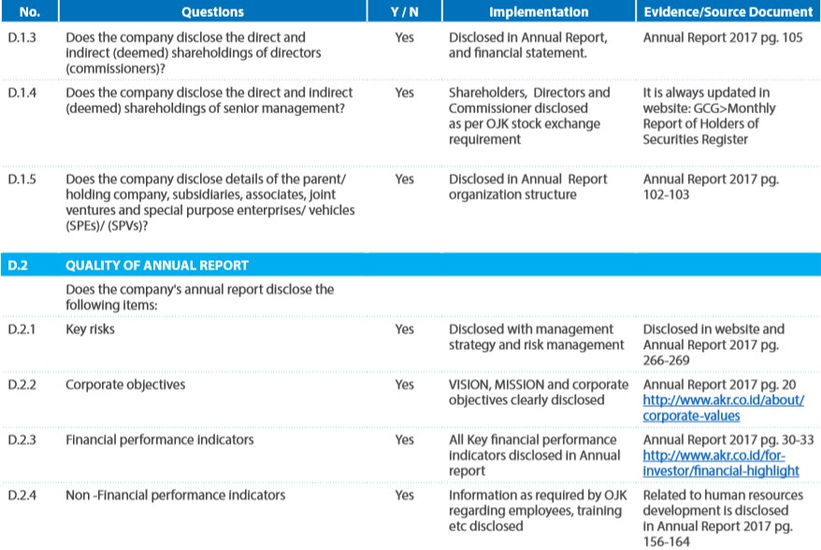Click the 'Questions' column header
pos(212,11)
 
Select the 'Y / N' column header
pos(404,11)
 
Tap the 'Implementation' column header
pos(539,11)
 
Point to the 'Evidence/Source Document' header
pos(727,11)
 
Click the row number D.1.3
pos(22,37)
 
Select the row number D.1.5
pos(22,180)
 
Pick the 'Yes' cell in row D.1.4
pos(404,93)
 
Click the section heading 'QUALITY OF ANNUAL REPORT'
pos(156,266)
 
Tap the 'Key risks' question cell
pos(90,329)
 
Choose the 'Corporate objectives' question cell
pos(125,384)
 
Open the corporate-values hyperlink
pos(723,408)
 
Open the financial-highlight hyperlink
pos(721,463)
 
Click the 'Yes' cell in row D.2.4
pos(404,495)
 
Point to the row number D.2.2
pos(22,384)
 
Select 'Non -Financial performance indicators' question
pos(175,495)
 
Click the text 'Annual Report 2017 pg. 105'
pos(723,37)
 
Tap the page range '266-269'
pos(666,360)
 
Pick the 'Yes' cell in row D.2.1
pos(404,329)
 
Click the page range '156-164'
pos(666,542)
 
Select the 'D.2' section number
pos(18,266)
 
